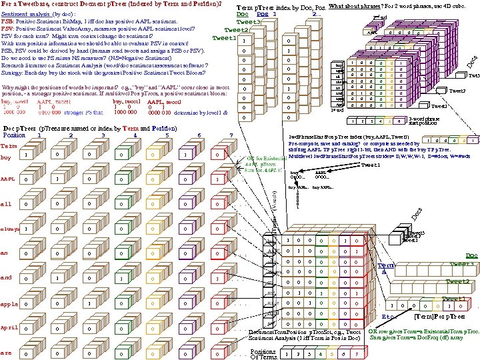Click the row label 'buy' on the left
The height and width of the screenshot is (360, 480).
pos(6,158)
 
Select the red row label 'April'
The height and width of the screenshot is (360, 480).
pos(9,327)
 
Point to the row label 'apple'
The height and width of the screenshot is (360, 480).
pos(9,303)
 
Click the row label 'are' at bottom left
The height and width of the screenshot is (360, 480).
pos(6,353)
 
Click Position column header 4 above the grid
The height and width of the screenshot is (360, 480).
pos(135,135)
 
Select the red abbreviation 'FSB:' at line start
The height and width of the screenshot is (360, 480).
pos(9,21)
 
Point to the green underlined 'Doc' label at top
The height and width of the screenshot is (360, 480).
pos(243,14)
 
